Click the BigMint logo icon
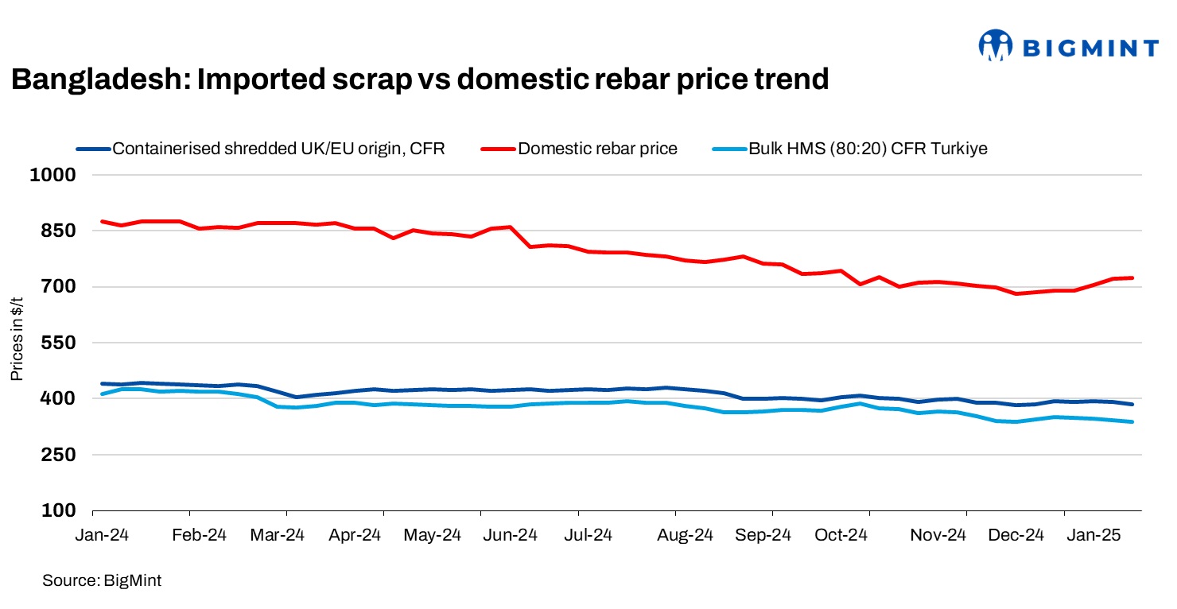[996, 46]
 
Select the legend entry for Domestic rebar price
[597, 149]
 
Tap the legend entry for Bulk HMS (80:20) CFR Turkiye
[868, 149]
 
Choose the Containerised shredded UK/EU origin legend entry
[278, 149]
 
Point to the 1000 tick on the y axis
[53, 175]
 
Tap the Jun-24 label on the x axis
[511, 535]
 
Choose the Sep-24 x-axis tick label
[763, 535]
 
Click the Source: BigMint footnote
[102, 581]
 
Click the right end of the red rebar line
[1132, 277]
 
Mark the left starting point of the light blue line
[102, 394]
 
